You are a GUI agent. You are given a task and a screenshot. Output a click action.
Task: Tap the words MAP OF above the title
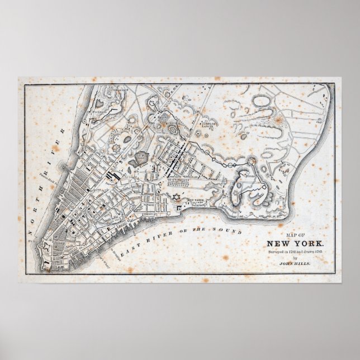tap(296, 235)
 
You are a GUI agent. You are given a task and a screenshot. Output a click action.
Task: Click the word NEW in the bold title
tap(279, 243)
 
